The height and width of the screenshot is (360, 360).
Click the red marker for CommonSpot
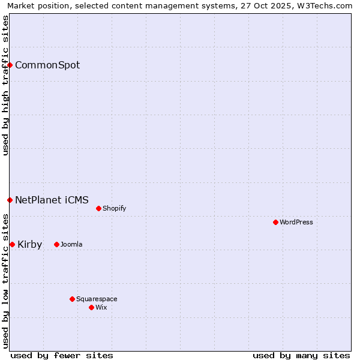point(10,65)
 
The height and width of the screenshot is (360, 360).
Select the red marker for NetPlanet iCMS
point(10,200)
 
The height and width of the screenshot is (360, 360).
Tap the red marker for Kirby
point(12,244)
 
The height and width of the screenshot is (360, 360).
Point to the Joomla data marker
point(57,244)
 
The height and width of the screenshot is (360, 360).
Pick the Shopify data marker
point(99,208)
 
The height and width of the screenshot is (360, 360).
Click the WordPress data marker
point(276,222)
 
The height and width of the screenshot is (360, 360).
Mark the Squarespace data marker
point(73,299)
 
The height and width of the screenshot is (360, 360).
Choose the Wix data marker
point(92,307)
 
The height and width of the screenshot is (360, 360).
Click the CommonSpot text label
point(47,65)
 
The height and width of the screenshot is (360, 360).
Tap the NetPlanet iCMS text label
point(52,200)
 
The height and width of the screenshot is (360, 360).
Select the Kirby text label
point(30,244)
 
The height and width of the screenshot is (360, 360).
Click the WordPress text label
point(296,222)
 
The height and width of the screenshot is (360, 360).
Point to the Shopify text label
point(115,208)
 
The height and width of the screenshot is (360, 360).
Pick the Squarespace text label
point(97,299)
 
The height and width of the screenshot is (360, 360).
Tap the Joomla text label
point(71,244)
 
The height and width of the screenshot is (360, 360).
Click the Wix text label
point(101,307)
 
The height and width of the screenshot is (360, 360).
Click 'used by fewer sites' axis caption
point(62,355)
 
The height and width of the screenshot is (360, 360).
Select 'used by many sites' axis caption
point(301,355)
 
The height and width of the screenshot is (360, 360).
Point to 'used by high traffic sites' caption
point(5,86)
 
